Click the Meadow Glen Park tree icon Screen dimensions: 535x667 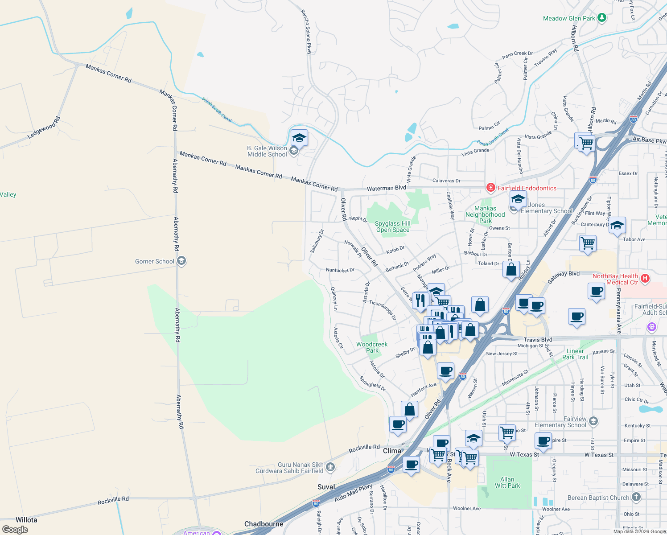602,18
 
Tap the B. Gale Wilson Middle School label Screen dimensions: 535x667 267,151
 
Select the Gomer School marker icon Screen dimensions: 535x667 181,261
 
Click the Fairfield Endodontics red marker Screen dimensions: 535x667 491,188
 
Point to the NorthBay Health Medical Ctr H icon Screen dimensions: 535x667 645,279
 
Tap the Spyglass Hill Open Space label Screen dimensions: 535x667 392,226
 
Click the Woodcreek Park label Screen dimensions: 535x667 372,347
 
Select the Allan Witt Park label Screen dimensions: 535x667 507,482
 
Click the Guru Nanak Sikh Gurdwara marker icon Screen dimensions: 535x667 330,467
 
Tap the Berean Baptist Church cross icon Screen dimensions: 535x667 636,497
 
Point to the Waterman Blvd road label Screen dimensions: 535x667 386,188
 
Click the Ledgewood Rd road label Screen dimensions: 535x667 44,128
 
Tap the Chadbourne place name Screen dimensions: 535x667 264,524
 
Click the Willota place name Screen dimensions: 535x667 26,520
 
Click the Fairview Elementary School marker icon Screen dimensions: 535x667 593,421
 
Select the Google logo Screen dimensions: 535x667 15,529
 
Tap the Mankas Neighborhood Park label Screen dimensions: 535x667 485,214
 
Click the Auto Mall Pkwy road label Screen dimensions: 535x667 354,492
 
